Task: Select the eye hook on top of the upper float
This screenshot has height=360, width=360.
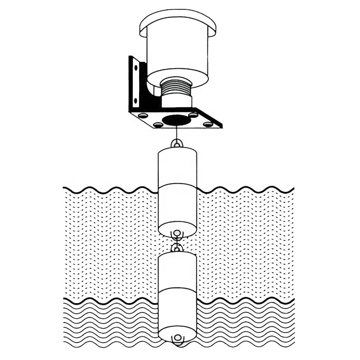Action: tap(177, 144)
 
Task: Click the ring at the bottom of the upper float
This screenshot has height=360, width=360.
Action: tap(177, 233)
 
